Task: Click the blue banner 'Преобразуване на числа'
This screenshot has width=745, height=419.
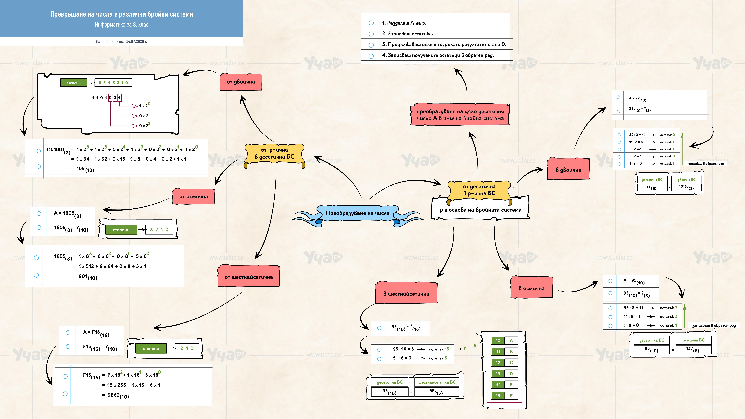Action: click(x=357, y=213)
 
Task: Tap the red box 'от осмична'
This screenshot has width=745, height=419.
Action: click(x=193, y=197)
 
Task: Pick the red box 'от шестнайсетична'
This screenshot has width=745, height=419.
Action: click(x=249, y=277)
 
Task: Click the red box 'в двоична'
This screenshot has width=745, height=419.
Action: click(x=568, y=170)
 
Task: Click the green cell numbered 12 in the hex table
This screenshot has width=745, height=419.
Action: click(x=498, y=363)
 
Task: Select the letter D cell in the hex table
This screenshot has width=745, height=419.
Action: click(x=511, y=374)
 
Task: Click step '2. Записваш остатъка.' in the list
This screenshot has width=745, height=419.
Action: click(x=407, y=34)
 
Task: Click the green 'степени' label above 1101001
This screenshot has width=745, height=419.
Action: click(x=74, y=83)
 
